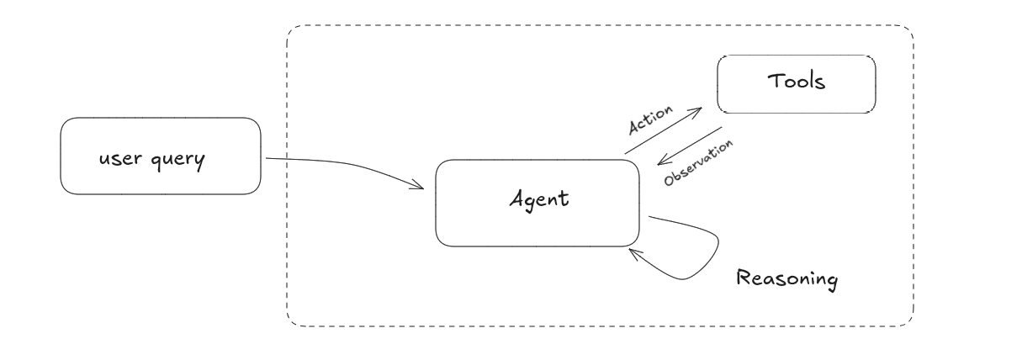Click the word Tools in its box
click(796, 82)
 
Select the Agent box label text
click(539, 199)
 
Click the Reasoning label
click(786, 278)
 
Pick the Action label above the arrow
click(650, 120)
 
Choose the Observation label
click(698, 163)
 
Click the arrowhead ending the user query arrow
click(421, 188)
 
